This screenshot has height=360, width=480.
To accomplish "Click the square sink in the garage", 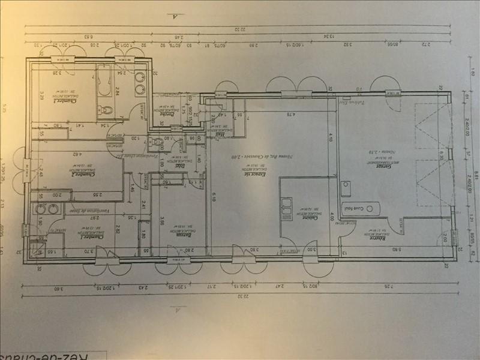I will click(x=346, y=190).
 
